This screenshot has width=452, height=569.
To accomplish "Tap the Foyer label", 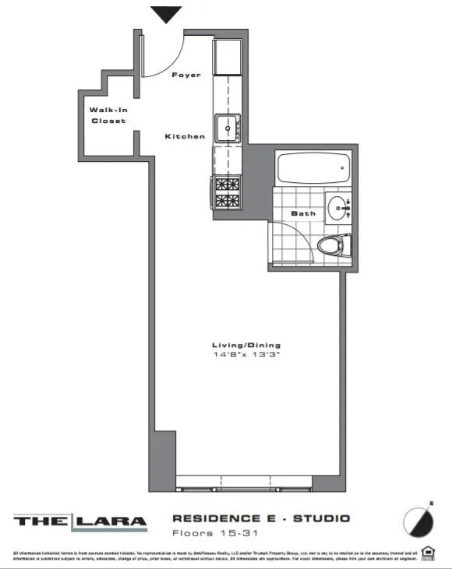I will pyautogui.click(x=185, y=76).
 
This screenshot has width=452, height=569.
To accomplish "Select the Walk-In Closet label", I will pyautogui.click(x=108, y=116).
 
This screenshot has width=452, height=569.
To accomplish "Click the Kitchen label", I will pyautogui.click(x=185, y=136).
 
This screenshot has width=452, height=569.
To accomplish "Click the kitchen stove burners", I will pyautogui.click(x=228, y=193).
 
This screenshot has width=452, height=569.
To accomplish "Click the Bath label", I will pyautogui.click(x=302, y=213).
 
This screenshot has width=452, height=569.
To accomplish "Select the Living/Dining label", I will pyautogui.click(x=245, y=345).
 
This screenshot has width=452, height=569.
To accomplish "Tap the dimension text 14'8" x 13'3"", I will pyautogui.click(x=245, y=355).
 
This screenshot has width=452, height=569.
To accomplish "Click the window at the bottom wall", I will pyautogui.click(x=246, y=483).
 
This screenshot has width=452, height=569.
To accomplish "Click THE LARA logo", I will pyautogui.click(x=80, y=522).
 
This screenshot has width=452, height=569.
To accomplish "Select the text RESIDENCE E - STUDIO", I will pyautogui.click(x=260, y=518).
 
